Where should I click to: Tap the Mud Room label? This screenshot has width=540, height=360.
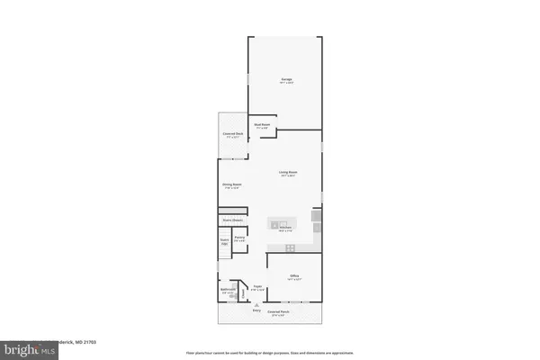pos(263,126)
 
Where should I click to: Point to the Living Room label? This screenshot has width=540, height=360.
pos(288,172)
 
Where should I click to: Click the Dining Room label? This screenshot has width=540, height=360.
pos(231,185)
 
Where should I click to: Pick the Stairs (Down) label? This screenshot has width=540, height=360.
pos(233,220)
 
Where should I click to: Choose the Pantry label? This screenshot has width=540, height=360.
pos(239,239)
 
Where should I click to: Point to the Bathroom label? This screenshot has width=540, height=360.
pos(229,290)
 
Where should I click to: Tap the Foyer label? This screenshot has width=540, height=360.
pos(257,288)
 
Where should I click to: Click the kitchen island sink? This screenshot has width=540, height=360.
pos(280,222)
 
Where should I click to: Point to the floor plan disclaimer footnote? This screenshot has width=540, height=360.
pos(269,352)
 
